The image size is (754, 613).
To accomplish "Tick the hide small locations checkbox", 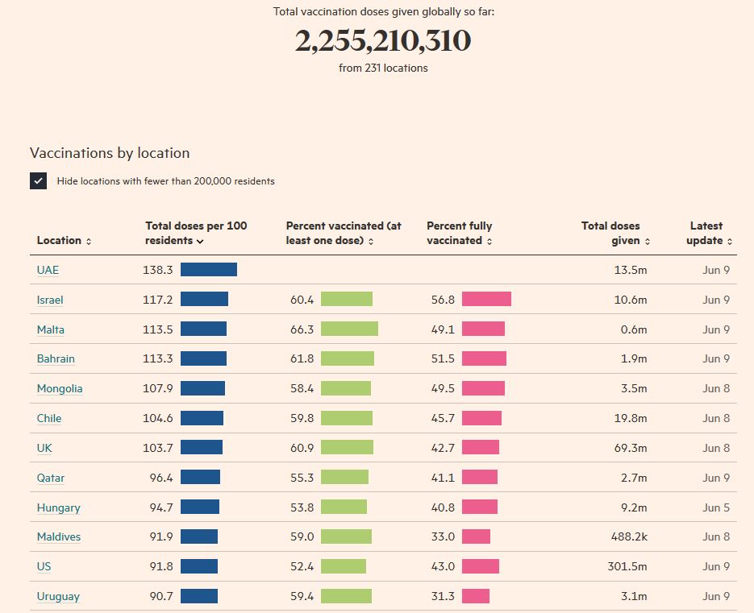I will (39, 181).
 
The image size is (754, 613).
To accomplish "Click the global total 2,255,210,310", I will (382, 41).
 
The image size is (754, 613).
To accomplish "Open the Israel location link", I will (50, 300).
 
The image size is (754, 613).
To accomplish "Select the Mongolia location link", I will (60, 388).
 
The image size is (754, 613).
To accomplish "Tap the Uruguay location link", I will (58, 596).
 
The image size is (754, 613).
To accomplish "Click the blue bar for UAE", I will (209, 270).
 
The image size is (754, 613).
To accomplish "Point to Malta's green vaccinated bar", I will (349, 329).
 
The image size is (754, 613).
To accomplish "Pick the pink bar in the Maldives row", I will (476, 536).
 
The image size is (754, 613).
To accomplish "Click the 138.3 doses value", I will (158, 270).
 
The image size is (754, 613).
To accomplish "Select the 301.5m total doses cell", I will (627, 566).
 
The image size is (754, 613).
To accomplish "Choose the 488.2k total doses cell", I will (627, 536).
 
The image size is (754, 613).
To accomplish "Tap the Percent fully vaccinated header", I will (460, 234).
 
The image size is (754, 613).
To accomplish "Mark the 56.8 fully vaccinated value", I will (443, 300).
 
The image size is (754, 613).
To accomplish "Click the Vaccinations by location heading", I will (110, 153).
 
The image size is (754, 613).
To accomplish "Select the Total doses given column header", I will (614, 234).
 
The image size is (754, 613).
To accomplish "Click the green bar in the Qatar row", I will (344, 478).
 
